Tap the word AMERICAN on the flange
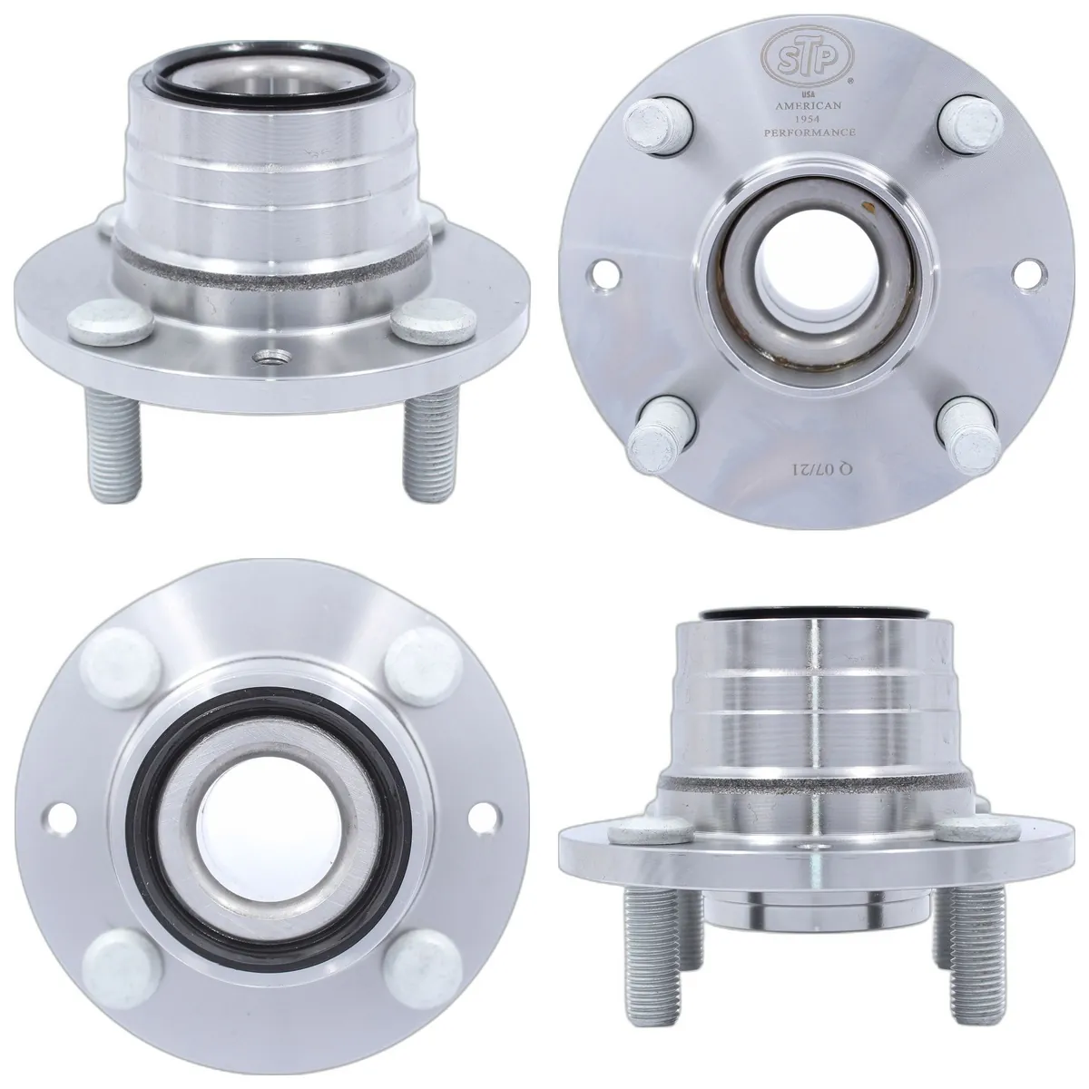(809, 105)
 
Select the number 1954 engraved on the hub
(809, 119)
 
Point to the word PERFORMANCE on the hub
(809, 132)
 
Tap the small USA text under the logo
(809, 94)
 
